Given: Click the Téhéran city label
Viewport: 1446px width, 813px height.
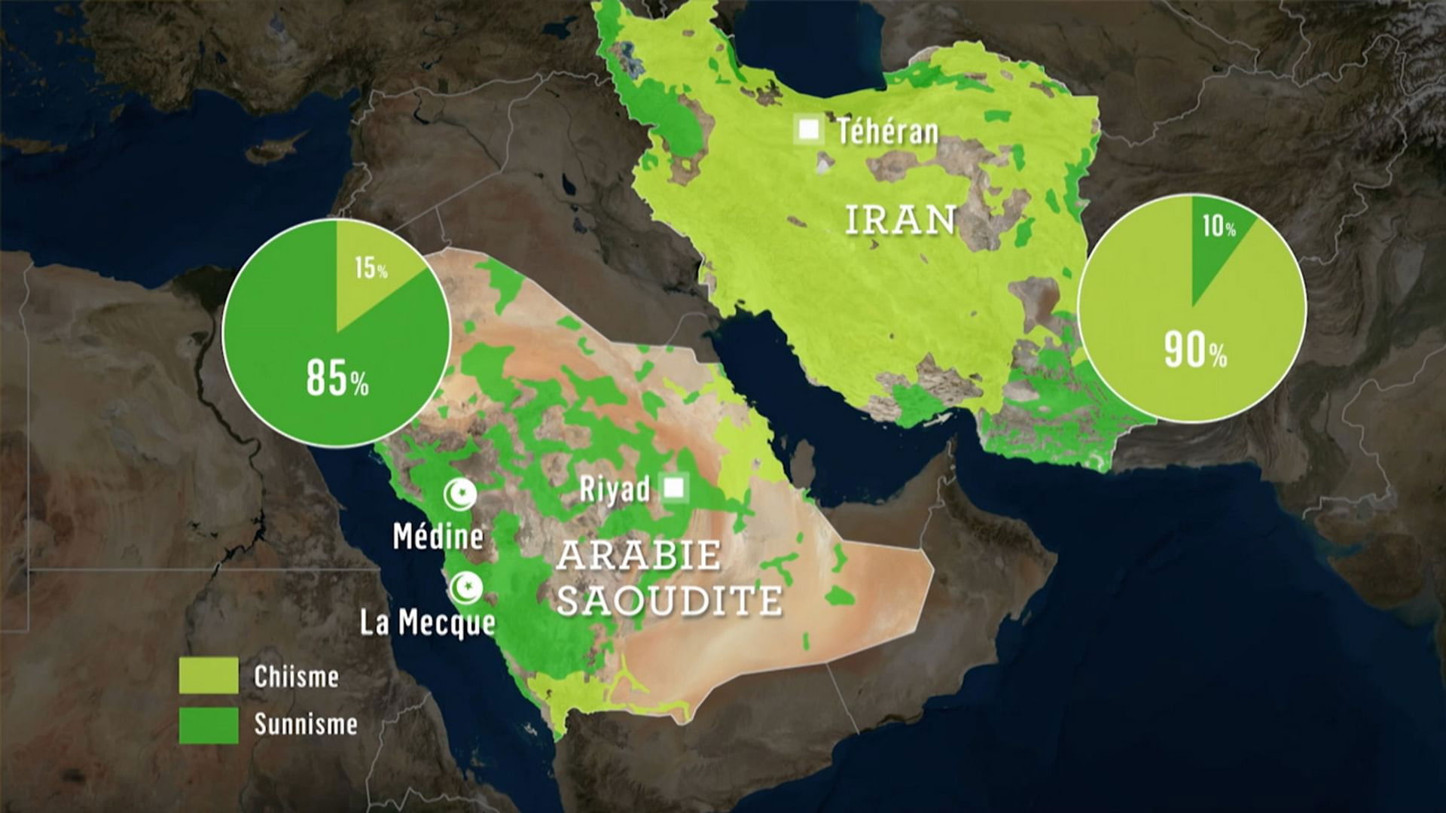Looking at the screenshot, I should [x=888, y=132].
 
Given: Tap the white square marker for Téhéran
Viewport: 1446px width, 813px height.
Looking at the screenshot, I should [x=809, y=129].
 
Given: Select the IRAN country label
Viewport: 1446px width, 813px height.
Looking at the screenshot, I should [x=900, y=220].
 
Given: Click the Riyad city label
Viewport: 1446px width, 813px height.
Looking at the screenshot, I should [x=615, y=489].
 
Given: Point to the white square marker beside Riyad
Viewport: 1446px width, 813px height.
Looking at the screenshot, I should [x=674, y=489].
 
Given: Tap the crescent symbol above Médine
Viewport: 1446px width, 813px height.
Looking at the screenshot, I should [x=459, y=495].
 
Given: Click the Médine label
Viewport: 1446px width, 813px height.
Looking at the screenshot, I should [x=438, y=536].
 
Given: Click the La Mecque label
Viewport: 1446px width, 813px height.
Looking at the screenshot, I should [x=427, y=623].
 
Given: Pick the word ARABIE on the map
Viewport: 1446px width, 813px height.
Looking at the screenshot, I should [x=638, y=556].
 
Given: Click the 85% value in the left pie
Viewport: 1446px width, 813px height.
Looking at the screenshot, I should [x=337, y=377].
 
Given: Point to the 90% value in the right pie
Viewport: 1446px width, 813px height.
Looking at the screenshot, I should [x=1194, y=350].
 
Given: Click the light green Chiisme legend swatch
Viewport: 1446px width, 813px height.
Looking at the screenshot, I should [x=209, y=675].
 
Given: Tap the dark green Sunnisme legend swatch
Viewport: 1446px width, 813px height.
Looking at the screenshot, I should [x=209, y=724].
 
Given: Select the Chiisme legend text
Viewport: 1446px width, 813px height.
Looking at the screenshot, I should [x=296, y=676].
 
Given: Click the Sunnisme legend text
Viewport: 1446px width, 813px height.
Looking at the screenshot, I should [x=305, y=724].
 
